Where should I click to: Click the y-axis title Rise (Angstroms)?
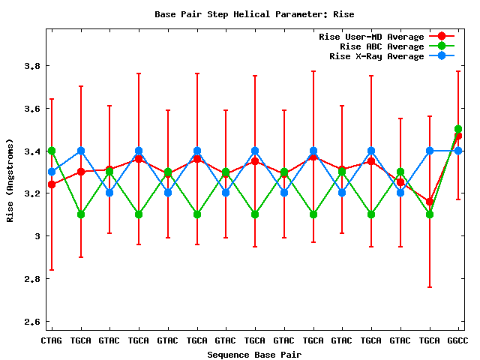click(12, 180)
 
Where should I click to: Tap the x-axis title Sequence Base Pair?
click(254, 354)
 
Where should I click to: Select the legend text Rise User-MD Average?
click(371, 37)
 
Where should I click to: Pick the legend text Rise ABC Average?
click(376, 46)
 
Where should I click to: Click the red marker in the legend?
click(442, 37)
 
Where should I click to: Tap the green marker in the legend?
click(442, 46)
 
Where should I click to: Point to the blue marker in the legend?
click(442, 56)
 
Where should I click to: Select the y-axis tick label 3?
click(36, 236)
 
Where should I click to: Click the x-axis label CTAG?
click(51, 341)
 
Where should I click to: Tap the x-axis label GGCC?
click(458, 341)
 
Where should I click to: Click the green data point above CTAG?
click(51, 151)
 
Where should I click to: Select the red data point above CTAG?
click(51, 184)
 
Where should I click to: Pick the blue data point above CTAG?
click(51, 172)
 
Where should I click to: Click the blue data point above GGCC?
click(458, 151)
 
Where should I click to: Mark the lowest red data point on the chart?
click(429, 202)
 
